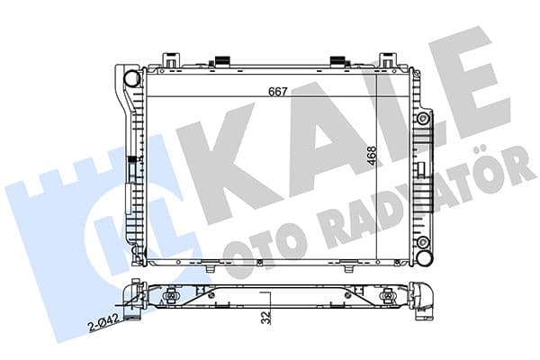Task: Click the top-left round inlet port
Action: point(132,78)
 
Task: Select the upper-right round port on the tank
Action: point(422,118)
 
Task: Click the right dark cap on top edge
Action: point(338,61)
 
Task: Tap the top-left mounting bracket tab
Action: point(171,60)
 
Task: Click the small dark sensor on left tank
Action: point(132,166)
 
